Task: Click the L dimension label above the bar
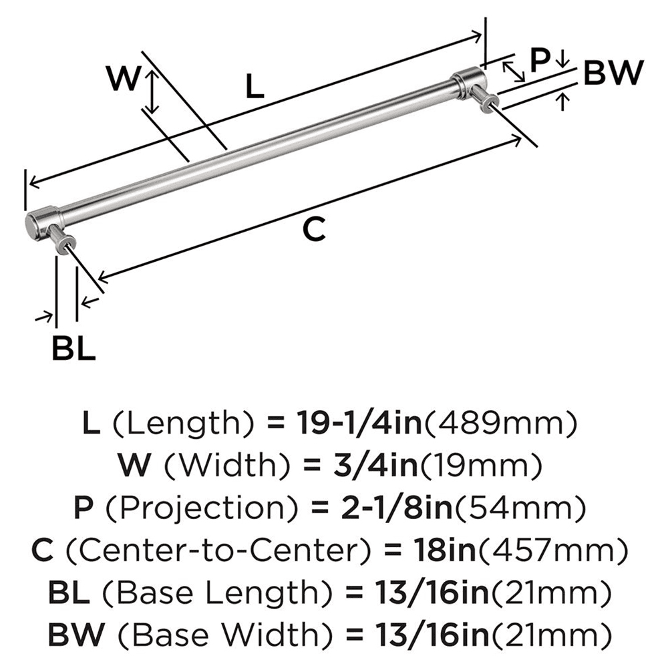click(x=255, y=87)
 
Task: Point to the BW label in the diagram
click(x=613, y=73)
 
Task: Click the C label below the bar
click(x=313, y=230)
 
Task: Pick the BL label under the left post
click(x=73, y=348)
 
